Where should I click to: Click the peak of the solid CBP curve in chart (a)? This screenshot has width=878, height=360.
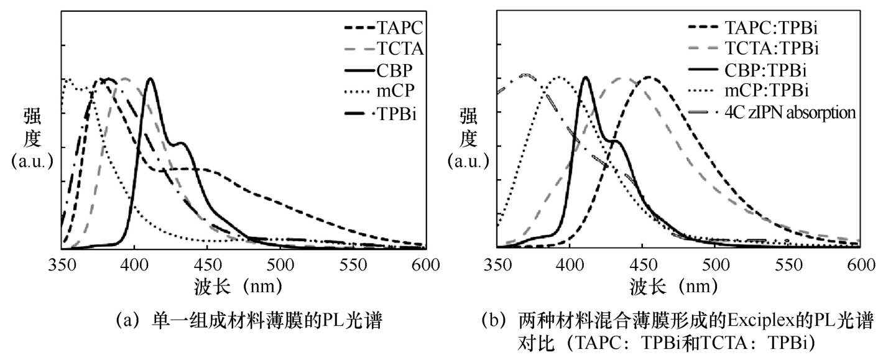click(150, 79)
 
